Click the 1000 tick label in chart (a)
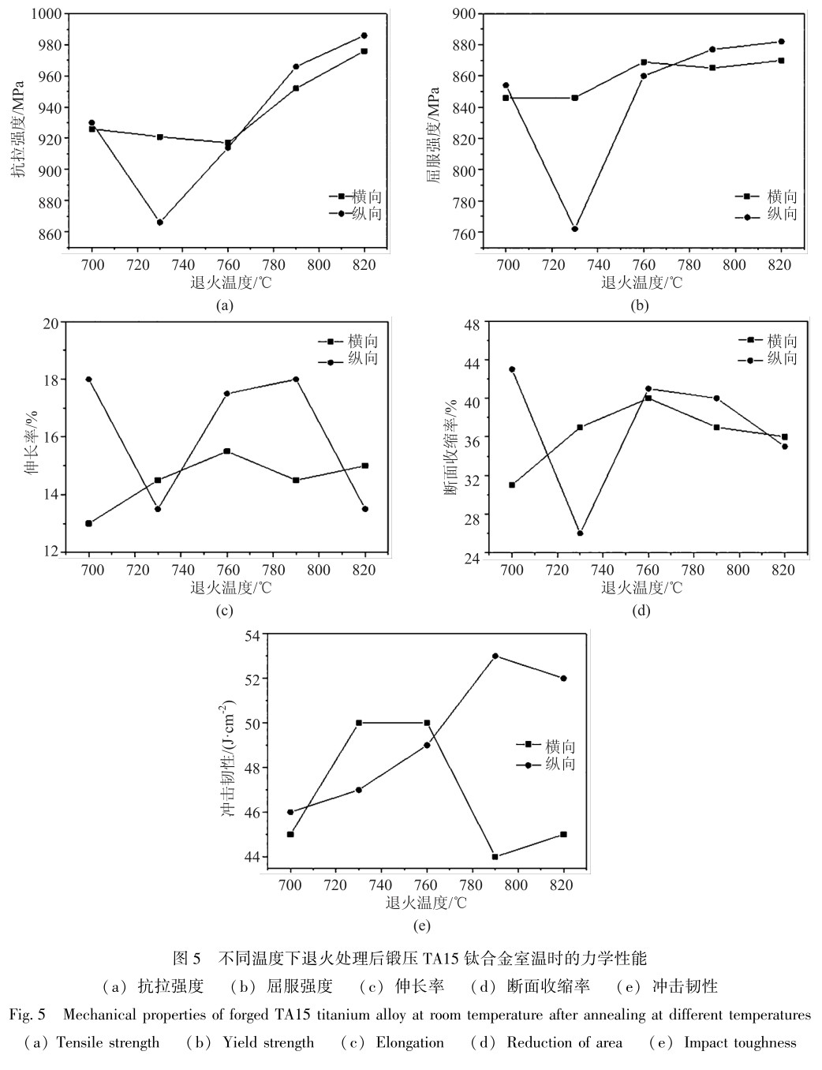[45, 13]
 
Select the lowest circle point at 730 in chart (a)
[159, 223]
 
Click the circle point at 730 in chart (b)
[575, 229]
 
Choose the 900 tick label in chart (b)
[465, 13]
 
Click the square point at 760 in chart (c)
[227, 451]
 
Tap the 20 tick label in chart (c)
[51, 323]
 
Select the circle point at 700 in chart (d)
[512, 369]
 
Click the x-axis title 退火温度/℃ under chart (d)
[641, 588]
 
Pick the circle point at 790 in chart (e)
[495, 656]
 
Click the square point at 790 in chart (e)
[495, 857]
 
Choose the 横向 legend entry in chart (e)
[559, 746]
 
